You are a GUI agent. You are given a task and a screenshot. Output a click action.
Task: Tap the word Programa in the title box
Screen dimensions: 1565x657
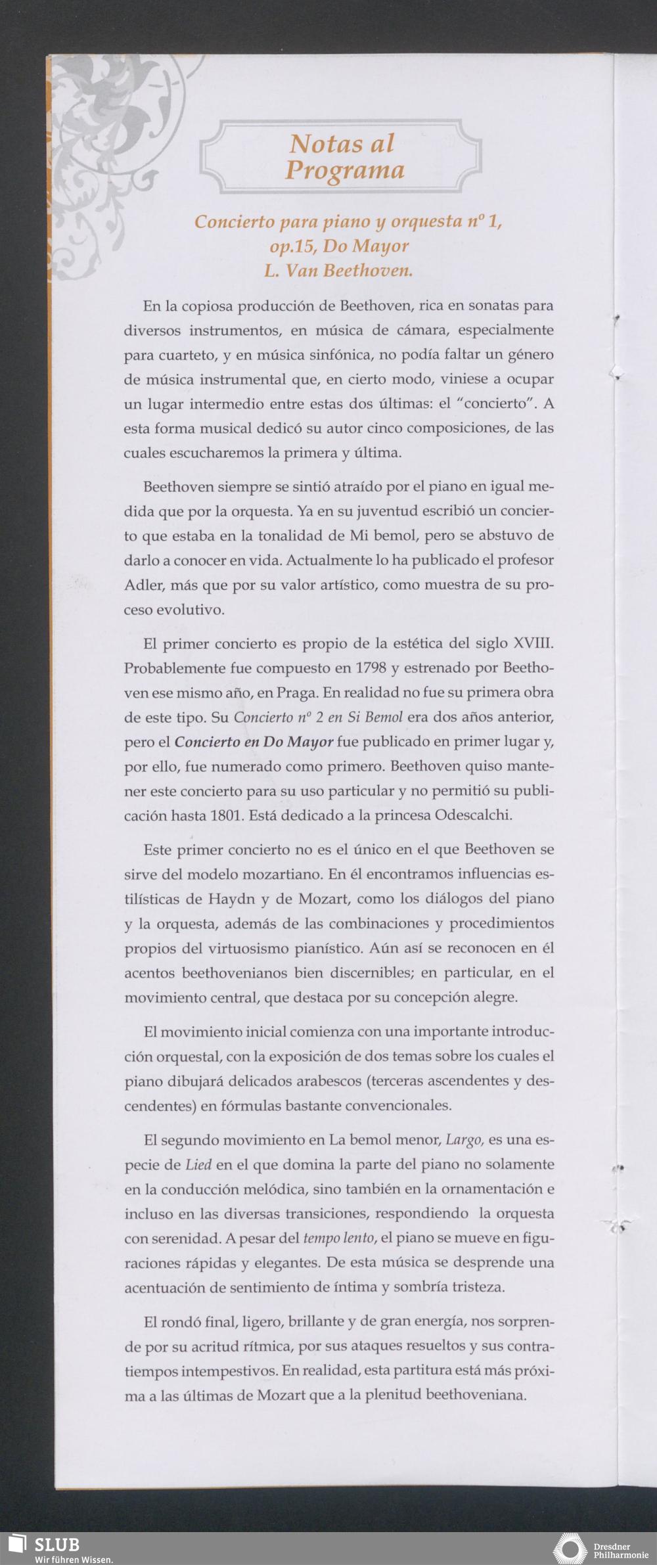pyautogui.click(x=344, y=171)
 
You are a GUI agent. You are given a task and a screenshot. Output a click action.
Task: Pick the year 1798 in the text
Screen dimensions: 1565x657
pyautogui.click(x=369, y=668)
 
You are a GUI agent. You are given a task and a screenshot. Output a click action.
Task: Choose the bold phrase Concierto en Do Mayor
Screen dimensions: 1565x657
pyautogui.click(x=254, y=742)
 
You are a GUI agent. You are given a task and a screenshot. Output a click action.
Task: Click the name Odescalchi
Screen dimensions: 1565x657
pyautogui.click(x=472, y=815)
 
